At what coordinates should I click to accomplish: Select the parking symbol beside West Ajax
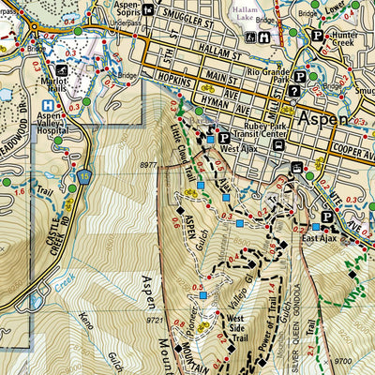[x=224, y=138]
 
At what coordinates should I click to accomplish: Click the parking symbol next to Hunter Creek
[x=317, y=37]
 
